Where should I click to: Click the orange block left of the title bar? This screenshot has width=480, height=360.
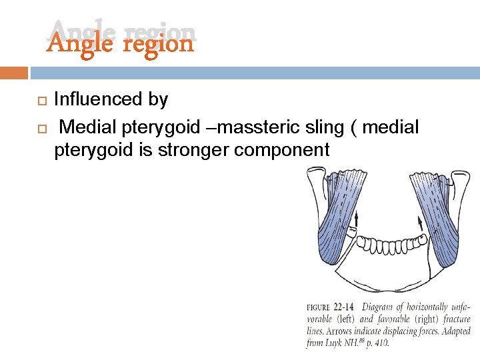(14, 72)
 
